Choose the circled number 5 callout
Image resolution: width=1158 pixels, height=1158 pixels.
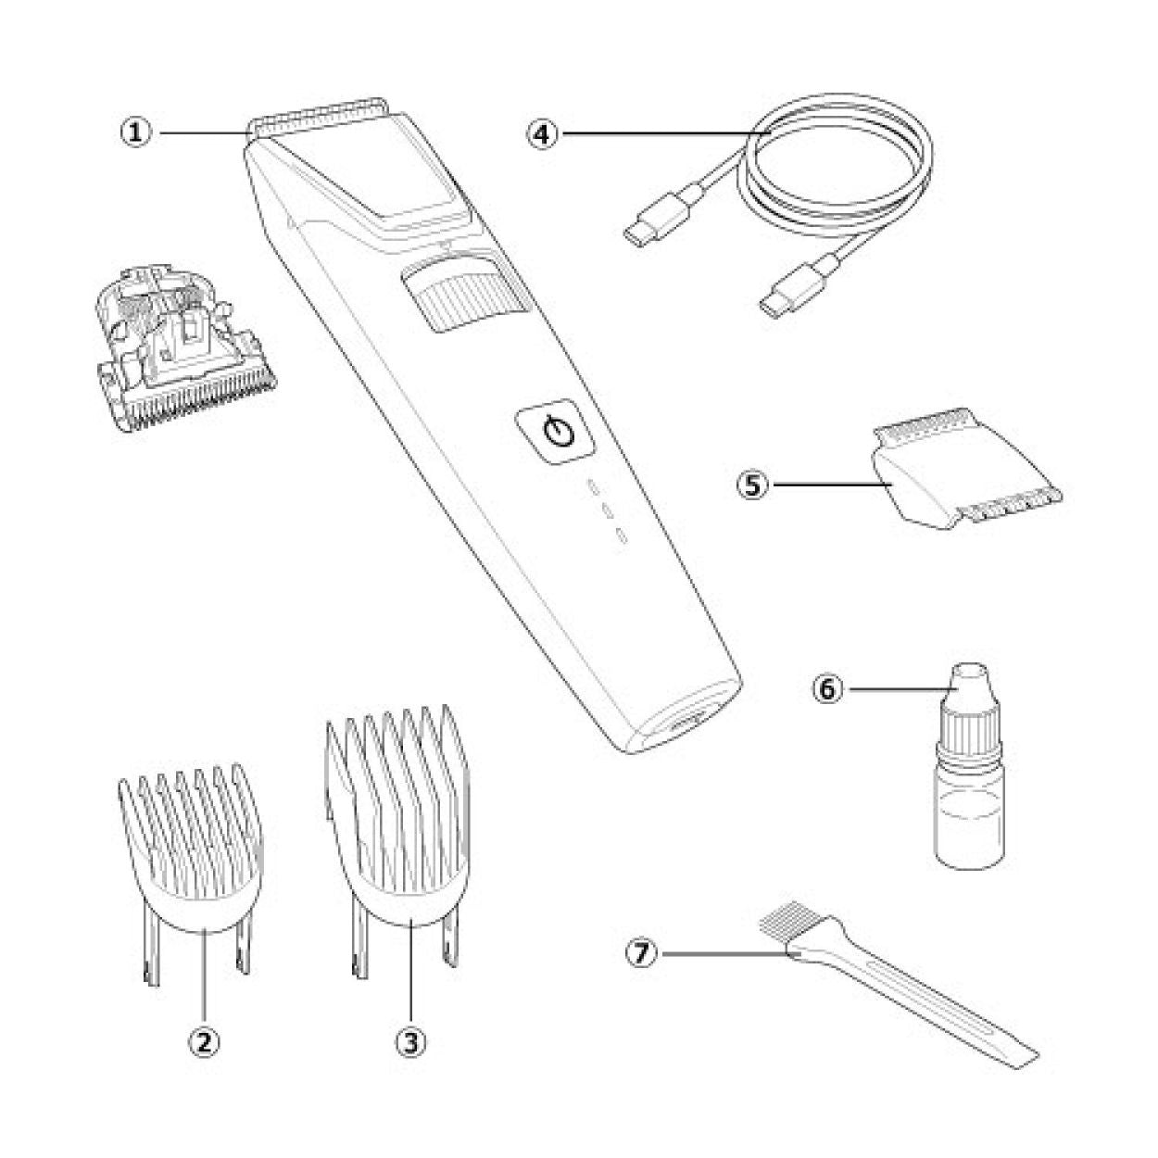753,485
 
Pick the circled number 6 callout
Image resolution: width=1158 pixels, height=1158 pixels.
828,689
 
